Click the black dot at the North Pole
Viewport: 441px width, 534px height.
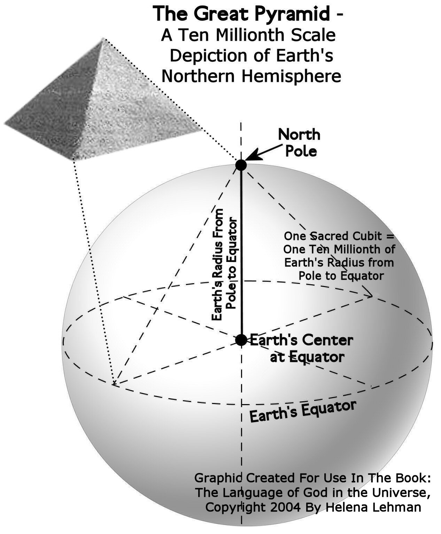241,165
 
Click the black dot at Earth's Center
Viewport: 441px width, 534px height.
241,340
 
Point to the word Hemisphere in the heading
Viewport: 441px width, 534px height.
291,76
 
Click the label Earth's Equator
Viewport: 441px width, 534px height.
303,412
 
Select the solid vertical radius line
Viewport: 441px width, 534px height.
241,251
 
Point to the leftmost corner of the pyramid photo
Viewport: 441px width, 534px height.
5,123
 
